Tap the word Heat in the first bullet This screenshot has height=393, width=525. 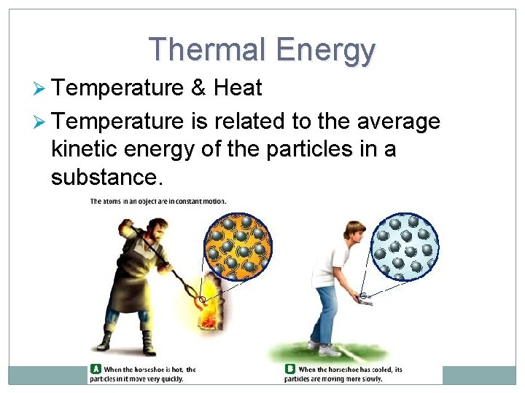click(x=238, y=88)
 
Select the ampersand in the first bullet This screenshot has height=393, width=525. click(x=198, y=88)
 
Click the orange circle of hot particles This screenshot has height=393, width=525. click(x=237, y=247)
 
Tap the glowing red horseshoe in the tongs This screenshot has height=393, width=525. click(x=199, y=295)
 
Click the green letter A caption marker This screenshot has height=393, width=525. click(x=95, y=369)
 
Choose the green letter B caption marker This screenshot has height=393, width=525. click(x=289, y=369)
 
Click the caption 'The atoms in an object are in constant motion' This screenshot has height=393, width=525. click(x=157, y=202)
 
